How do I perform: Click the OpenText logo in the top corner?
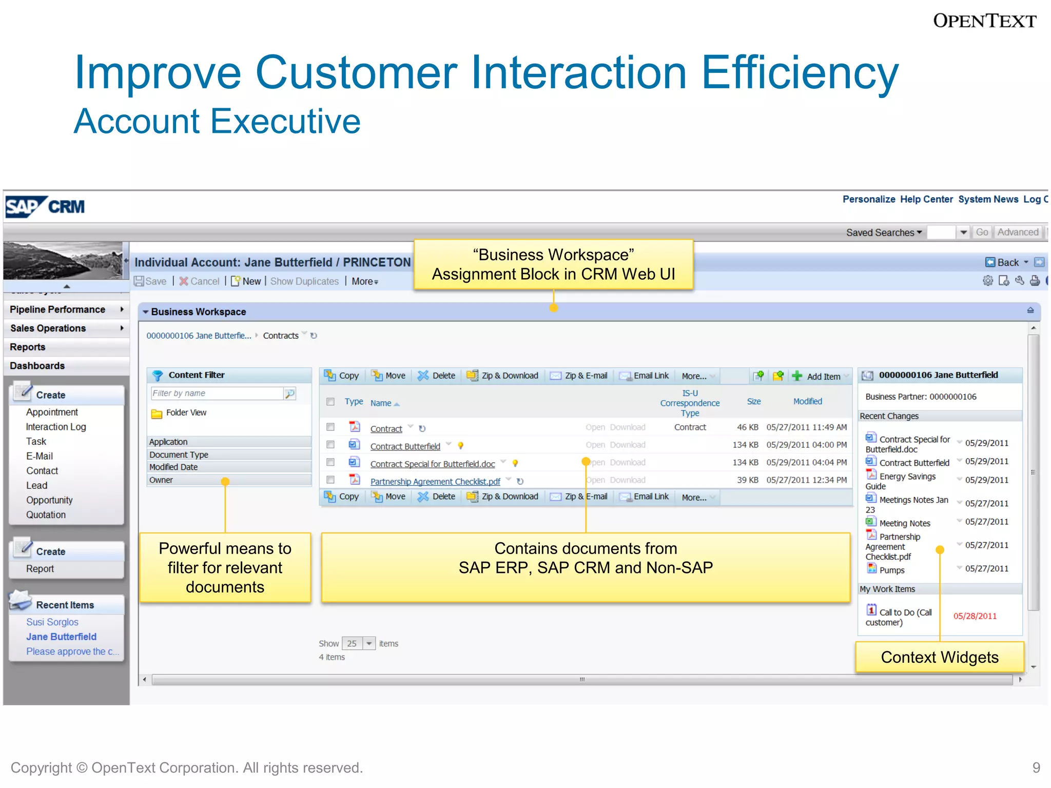[984, 21]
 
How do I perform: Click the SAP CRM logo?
[45, 207]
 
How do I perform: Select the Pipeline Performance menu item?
[57, 309]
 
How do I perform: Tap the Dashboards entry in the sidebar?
[37, 366]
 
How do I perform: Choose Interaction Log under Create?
[56, 427]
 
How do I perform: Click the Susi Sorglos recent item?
[52, 622]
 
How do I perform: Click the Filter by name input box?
[217, 393]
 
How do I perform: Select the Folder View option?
[186, 412]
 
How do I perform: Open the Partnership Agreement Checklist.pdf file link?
[435, 481]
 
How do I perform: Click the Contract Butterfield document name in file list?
[405, 446]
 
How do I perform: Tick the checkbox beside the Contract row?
[330, 427]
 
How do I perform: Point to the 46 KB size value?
[747, 427]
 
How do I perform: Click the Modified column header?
[807, 402]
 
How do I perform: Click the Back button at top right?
[1007, 262]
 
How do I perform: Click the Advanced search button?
[1018, 232]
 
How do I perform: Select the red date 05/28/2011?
[975, 616]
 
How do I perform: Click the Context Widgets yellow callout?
[940, 657]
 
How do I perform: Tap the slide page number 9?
[1036, 767]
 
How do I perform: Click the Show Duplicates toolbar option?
[304, 281]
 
